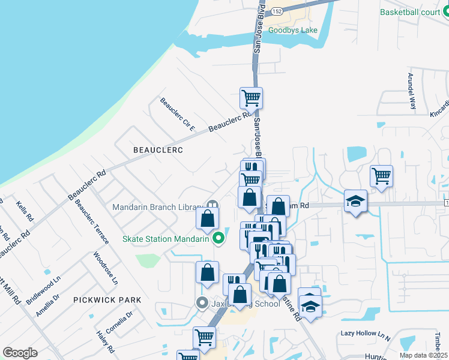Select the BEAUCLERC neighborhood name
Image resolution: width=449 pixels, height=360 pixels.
point(158,149)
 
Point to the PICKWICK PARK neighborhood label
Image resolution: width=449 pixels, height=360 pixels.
point(107,299)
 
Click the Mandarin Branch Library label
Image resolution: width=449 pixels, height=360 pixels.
point(157,207)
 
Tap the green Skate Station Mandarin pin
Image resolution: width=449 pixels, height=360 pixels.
point(218,239)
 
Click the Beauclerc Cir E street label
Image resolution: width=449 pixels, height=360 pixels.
point(178,114)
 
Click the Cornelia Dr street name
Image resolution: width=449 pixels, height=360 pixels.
point(119,324)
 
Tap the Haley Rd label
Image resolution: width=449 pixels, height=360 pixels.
point(106,341)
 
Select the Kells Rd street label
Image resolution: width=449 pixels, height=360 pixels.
point(25,211)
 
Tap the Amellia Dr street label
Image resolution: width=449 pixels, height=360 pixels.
point(47,305)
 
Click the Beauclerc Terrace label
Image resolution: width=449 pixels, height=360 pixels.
point(92,221)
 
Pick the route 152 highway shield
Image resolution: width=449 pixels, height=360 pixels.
point(276,11)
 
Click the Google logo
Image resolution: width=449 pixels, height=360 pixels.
point(20,352)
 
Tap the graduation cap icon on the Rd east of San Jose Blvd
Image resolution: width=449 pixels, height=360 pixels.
point(355,200)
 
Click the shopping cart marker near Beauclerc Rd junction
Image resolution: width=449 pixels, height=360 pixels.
point(251,97)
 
